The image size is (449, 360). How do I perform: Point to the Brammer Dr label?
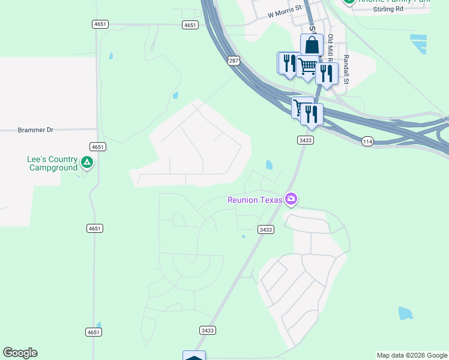35,130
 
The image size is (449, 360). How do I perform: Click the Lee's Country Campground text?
52,163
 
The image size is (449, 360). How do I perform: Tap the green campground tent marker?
87,162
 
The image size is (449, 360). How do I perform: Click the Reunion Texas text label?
255,200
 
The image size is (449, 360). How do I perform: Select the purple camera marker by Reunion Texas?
291,199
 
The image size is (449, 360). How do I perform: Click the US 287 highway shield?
234,61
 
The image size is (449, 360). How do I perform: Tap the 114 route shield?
368,141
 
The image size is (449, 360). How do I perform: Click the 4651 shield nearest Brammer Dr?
97,147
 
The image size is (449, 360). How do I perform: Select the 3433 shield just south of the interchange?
305,140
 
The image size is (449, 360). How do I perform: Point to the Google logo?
20,353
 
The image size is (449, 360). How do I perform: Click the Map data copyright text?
412,355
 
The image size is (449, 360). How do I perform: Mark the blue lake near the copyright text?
406,313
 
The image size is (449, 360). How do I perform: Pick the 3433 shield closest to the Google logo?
207,331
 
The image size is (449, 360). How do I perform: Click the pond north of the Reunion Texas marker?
268,164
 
